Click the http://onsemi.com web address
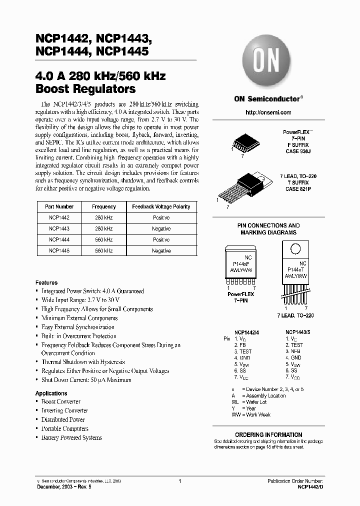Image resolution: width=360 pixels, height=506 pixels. pyautogui.click(x=268, y=112)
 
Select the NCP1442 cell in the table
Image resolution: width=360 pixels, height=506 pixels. pyautogui.click(x=59, y=217)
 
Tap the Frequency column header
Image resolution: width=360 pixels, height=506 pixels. pyautogui.click(x=104, y=206)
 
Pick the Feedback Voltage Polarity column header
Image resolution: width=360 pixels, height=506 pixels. pyautogui.click(x=161, y=206)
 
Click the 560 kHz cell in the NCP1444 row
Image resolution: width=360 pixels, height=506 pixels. pyautogui.click(x=104, y=239)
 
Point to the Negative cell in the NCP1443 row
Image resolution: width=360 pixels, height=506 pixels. pyautogui.click(x=161, y=228)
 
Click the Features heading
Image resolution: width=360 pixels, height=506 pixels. pyautogui.click(x=46, y=282)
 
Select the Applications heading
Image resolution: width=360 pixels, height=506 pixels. pyautogui.click(x=51, y=393)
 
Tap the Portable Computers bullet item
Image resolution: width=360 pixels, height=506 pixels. pyautogui.click(x=64, y=429)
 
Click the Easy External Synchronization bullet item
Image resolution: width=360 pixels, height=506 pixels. pyautogui.click(x=78, y=327)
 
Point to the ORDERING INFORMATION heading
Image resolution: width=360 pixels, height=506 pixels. pyautogui.click(x=268, y=434)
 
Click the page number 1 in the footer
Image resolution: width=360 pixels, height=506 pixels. pyautogui.click(x=179, y=480)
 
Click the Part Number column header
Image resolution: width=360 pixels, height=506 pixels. pyautogui.click(x=59, y=206)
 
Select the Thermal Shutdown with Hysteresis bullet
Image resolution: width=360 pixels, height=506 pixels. pyautogui.click(x=83, y=362)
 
